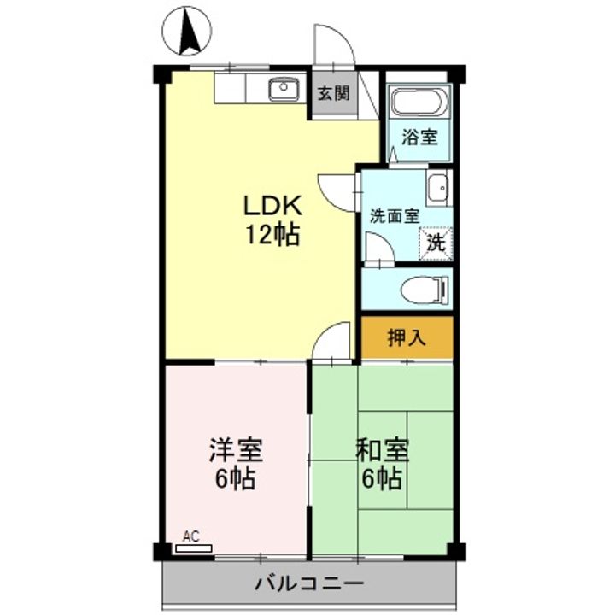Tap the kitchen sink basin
coord(283,87)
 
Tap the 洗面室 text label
coord(393,216)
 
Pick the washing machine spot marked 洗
coord(435,242)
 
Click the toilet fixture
coord(424,289)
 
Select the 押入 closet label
coord(407,337)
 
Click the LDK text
coord(273,205)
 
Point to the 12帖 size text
coord(273,235)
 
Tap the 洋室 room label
coord(236,448)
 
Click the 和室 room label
coord(382,448)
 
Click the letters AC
coord(191,536)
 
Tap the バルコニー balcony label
coord(308,585)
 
